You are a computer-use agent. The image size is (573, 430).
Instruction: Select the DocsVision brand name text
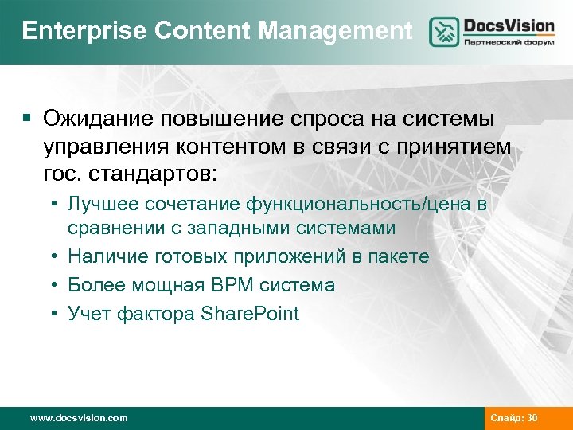point(509,25)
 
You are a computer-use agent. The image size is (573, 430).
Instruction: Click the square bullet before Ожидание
point(27,119)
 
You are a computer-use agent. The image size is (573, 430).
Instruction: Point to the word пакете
point(399,256)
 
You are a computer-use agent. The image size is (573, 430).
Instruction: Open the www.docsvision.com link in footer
point(78,417)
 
